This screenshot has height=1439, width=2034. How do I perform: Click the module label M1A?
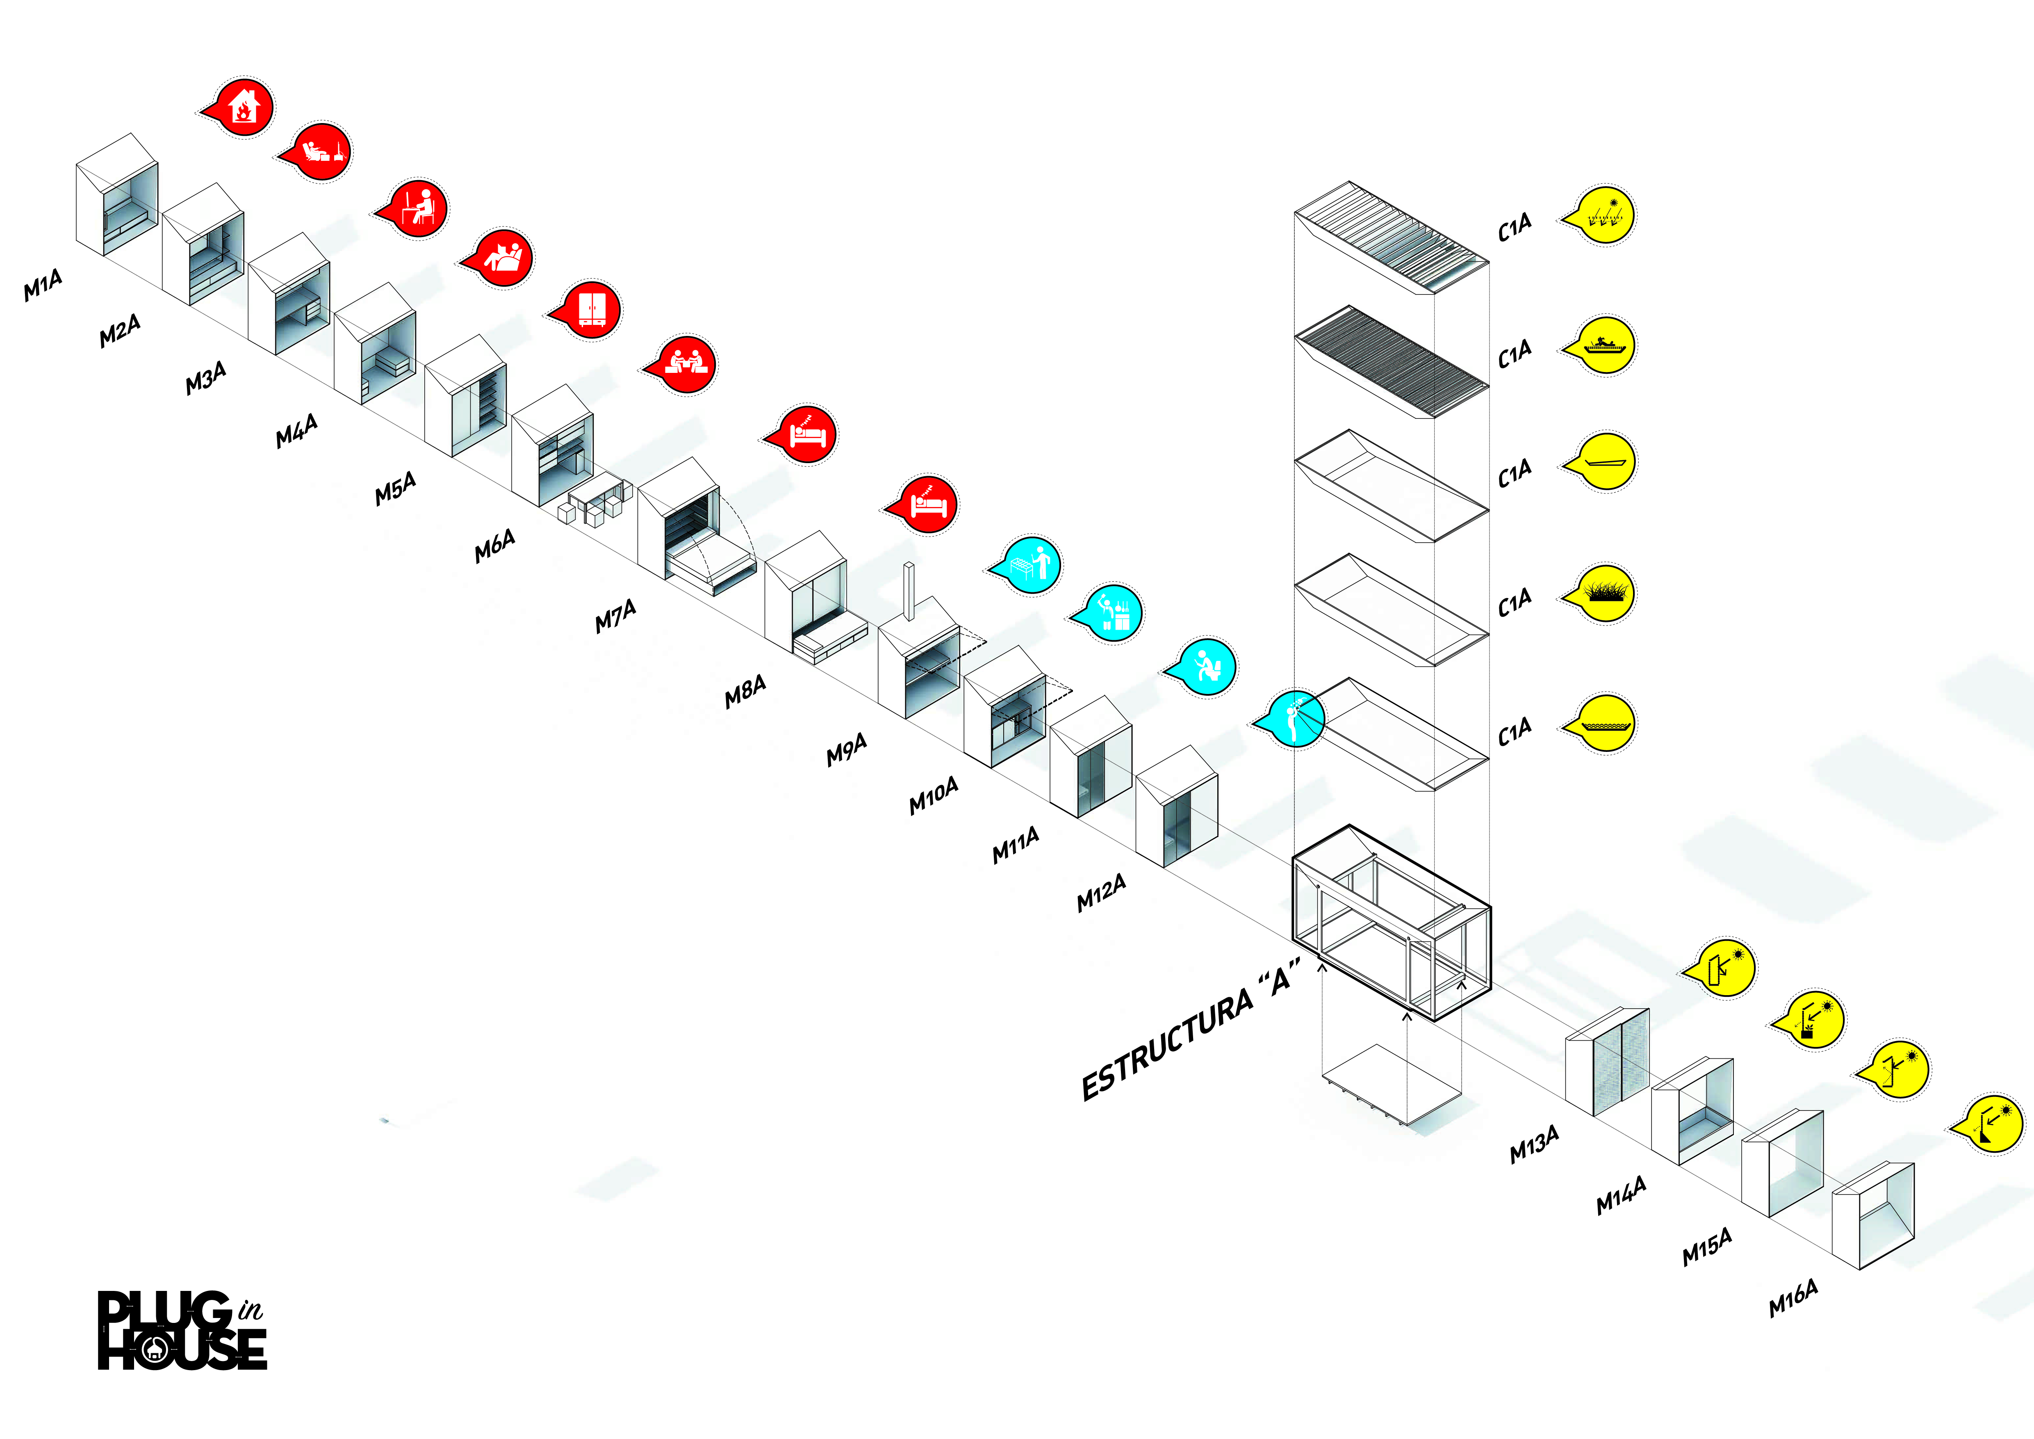tap(43, 286)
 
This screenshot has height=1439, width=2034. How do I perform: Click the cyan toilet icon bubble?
tap(1206, 666)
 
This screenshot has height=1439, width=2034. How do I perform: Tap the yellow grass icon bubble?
tap(1605, 594)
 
